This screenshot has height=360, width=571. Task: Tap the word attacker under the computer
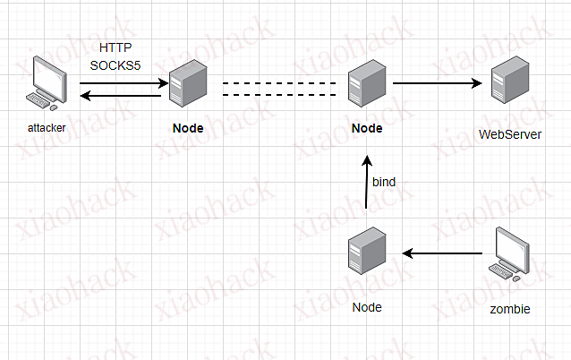pyautogui.click(x=47, y=128)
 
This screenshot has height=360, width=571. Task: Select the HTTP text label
pyautogui.click(x=112, y=47)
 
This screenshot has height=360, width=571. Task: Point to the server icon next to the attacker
pyautogui.click(x=188, y=85)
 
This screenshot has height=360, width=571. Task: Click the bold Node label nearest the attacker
pyautogui.click(x=188, y=128)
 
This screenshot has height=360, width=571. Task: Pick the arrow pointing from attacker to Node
pyautogui.click(x=124, y=83)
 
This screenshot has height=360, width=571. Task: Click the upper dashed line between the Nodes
pyautogui.click(x=284, y=83)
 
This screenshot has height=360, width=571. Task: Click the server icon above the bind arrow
pyautogui.click(x=367, y=85)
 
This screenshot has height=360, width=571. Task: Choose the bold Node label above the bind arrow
pyautogui.click(x=367, y=128)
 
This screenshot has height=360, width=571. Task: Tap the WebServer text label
pyautogui.click(x=511, y=135)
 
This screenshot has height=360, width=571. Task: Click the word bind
pyautogui.click(x=384, y=182)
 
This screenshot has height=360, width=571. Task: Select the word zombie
pyautogui.click(x=511, y=309)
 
